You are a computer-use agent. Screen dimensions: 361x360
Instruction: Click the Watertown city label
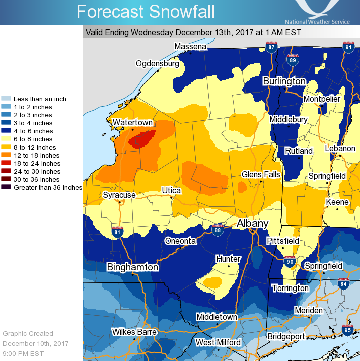(132, 122)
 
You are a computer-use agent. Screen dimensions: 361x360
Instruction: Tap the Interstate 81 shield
(117, 232)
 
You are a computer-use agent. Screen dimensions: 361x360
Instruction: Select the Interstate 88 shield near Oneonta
(218, 230)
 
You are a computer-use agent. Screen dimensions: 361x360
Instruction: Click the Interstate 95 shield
(348, 330)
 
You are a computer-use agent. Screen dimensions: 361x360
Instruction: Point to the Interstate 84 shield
(344, 284)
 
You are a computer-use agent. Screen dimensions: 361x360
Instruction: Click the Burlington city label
(284, 81)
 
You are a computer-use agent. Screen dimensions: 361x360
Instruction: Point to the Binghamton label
(132, 267)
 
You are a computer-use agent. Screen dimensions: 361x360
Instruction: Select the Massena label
(190, 47)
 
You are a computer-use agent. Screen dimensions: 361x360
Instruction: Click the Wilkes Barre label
(134, 332)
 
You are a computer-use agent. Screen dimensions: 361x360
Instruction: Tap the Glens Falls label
(260, 174)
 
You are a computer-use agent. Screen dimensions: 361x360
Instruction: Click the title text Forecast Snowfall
(146, 11)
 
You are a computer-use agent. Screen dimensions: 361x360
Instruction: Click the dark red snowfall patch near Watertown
(142, 138)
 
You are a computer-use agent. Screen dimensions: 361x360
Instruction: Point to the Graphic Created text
(28, 333)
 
